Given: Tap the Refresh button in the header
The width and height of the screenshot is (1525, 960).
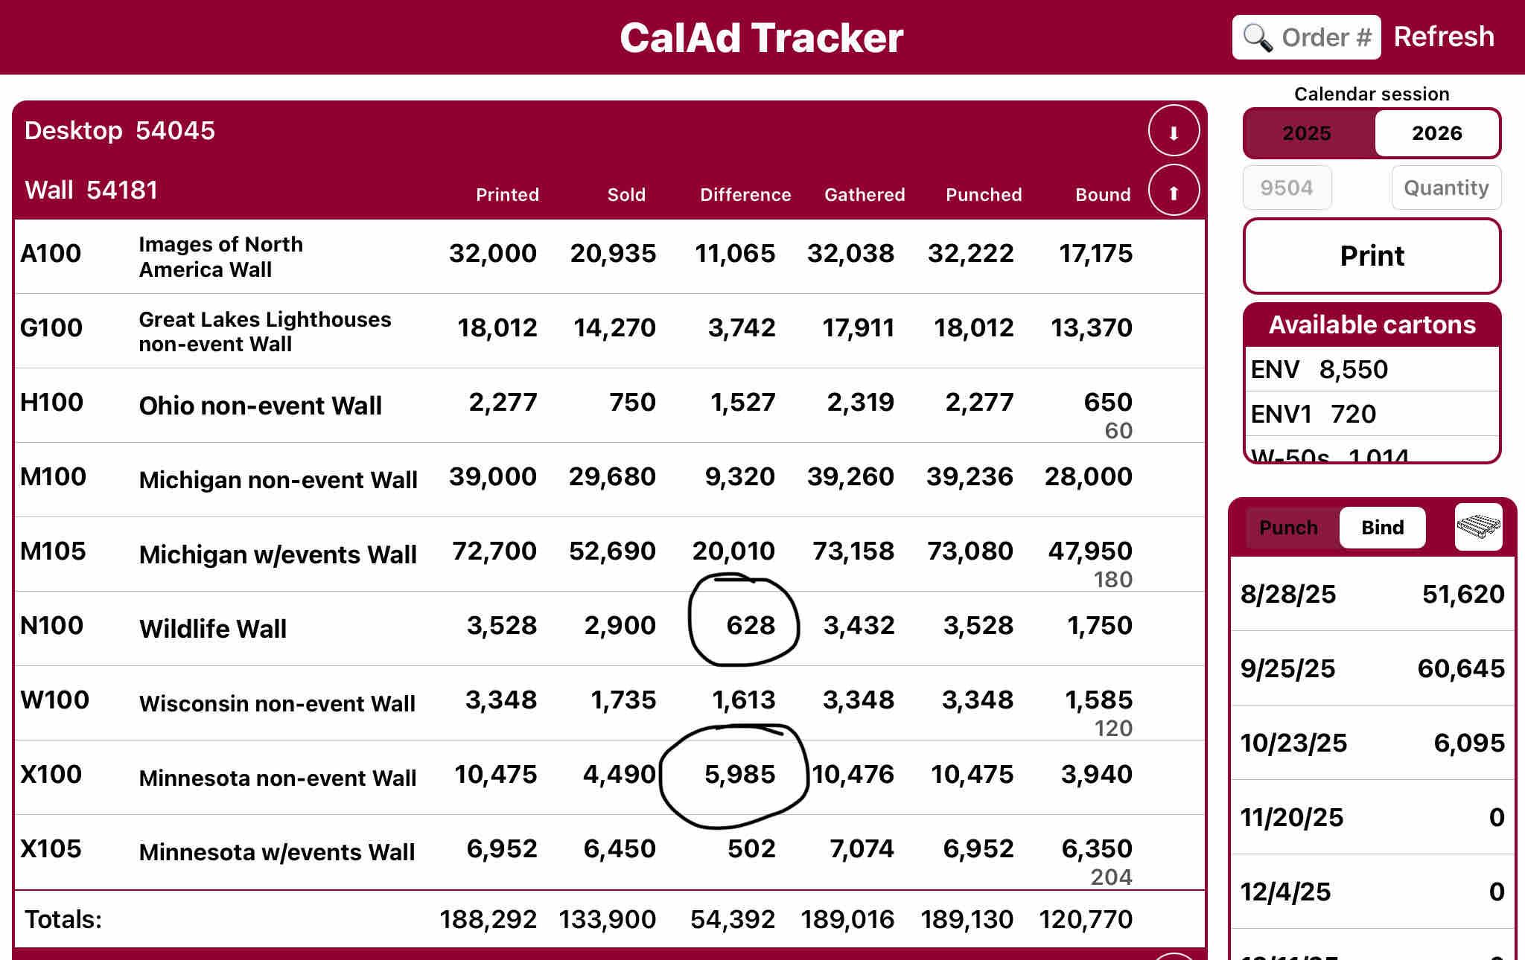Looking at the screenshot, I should click(1443, 36).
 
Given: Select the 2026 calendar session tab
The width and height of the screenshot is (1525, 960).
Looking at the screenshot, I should click(1436, 133).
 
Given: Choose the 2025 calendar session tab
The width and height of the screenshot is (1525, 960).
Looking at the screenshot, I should click(1306, 133).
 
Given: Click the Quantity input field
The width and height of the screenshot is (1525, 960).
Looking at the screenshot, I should click(1445, 188).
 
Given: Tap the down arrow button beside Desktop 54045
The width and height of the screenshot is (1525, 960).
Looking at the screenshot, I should click(1174, 131).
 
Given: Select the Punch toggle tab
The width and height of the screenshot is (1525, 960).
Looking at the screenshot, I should click(1288, 528).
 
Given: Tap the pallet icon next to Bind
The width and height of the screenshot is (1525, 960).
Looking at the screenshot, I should click(1478, 527).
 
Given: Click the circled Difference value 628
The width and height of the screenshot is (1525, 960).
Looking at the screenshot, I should click(750, 625).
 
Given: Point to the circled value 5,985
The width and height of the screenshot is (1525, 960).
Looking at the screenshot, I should click(739, 774).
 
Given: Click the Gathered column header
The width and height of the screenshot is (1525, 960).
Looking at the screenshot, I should click(865, 195).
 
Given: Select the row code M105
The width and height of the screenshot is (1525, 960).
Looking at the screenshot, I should click(53, 551).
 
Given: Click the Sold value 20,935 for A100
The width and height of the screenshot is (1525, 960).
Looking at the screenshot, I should click(613, 254).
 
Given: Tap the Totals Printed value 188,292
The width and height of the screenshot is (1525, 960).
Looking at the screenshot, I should click(488, 919).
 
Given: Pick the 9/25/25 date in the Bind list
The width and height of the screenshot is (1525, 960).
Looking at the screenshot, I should click(1287, 668).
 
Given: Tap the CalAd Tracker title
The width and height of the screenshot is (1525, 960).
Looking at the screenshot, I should click(761, 38).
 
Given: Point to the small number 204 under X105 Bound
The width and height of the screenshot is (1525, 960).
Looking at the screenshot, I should click(1111, 877).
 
